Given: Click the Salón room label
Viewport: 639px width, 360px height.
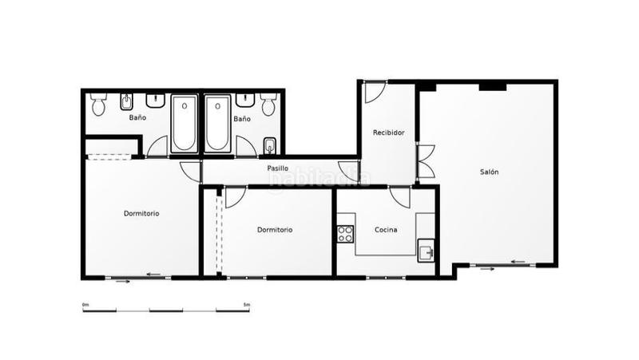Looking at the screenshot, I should [490, 172].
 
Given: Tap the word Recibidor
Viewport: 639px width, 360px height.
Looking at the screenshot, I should [388, 132].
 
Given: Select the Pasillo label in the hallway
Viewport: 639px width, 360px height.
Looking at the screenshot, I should [277, 168].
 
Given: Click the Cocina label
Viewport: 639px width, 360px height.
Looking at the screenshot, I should [387, 230].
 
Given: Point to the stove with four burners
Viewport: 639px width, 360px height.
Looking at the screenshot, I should [345, 234].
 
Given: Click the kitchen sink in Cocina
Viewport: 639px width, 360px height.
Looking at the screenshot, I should [426, 253].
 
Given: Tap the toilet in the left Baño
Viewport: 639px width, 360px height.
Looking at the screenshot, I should [98, 105].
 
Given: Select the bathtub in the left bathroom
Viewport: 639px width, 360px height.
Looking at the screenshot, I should [185, 124].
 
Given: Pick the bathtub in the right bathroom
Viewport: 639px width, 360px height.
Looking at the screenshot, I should [217, 124].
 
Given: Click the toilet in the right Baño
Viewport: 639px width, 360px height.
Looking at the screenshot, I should [268, 104].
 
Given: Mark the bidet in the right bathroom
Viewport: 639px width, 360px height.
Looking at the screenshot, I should [269, 145].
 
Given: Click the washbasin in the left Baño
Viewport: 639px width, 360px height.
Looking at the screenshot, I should [156, 101].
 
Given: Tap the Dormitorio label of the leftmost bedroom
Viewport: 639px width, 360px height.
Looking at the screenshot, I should [141, 213].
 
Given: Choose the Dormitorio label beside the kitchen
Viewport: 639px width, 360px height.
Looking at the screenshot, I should [275, 230].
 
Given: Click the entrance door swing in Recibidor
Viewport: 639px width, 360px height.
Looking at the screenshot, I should [374, 93].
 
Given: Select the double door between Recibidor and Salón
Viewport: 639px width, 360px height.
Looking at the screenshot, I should [425, 161].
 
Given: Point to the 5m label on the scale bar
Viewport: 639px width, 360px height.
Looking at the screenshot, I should [247, 304].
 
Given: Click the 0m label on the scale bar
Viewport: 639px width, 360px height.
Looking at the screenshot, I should [85, 304].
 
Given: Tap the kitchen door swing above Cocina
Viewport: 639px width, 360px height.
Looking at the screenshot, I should [400, 197].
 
